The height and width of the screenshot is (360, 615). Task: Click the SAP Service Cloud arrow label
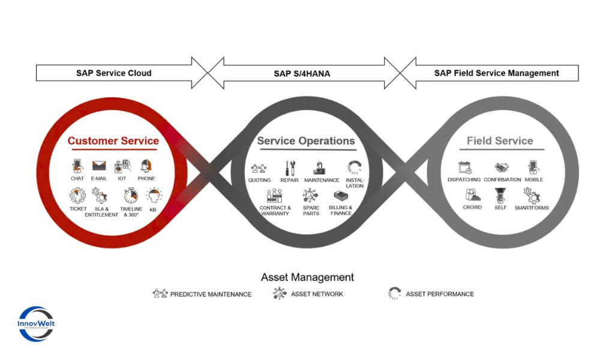113,73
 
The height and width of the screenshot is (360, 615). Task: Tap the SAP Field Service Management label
496,73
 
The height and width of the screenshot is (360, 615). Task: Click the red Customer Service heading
113,142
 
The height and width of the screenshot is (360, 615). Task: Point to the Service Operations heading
306,141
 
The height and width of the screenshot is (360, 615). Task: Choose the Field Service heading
500,142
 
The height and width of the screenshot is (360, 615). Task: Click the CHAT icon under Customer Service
77,166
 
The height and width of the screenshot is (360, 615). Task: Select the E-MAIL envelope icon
98,166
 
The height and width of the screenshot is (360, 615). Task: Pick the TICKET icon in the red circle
77,196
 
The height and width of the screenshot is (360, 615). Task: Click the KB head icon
154,196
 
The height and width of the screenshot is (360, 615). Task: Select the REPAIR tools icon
290,168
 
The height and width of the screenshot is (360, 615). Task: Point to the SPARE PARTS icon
311,196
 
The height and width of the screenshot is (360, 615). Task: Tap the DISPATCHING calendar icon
464,167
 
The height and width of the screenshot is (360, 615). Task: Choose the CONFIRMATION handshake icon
502,167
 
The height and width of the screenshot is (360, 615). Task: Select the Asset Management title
307,277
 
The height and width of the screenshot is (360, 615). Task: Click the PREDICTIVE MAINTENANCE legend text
211,294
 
